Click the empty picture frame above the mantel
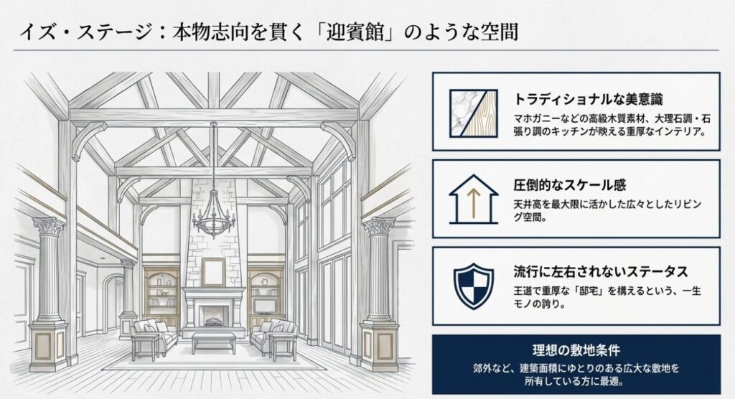tap(213, 271)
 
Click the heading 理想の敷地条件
tap(576, 351)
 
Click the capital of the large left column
tap(49, 228)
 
